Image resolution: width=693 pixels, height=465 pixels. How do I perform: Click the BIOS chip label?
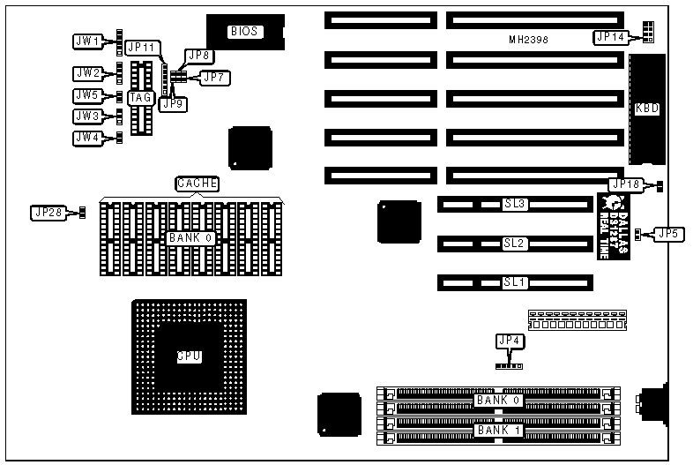click(x=244, y=32)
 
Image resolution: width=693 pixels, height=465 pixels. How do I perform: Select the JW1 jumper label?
click(x=86, y=40)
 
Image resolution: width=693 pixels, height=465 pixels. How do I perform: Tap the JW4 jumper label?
click(x=86, y=138)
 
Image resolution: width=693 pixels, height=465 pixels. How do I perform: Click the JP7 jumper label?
click(x=213, y=78)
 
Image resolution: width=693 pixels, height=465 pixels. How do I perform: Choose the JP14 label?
click(x=609, y=37)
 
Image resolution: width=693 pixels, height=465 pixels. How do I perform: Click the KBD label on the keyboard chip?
click(x=647, y=109)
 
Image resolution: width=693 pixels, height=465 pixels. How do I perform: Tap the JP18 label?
click(x=627, y=184)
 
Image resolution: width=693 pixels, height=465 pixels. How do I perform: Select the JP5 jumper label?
click(x=667, y=235)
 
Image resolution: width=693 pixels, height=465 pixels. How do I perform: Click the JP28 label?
click(x=47, y=212)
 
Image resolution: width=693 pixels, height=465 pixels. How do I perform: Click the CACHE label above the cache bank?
click(x=197, y=184)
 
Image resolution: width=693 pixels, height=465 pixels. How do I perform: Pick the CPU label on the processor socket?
click(x=189, y=356)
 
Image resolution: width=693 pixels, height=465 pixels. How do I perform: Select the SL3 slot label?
click(x=515, y=204)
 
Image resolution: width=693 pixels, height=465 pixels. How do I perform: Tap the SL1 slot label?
click(x=515, y=282)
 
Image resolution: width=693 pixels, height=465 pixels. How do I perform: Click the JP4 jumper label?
click(x=509, y=341)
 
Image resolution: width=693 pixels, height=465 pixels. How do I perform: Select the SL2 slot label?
click(x=515, y=243)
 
